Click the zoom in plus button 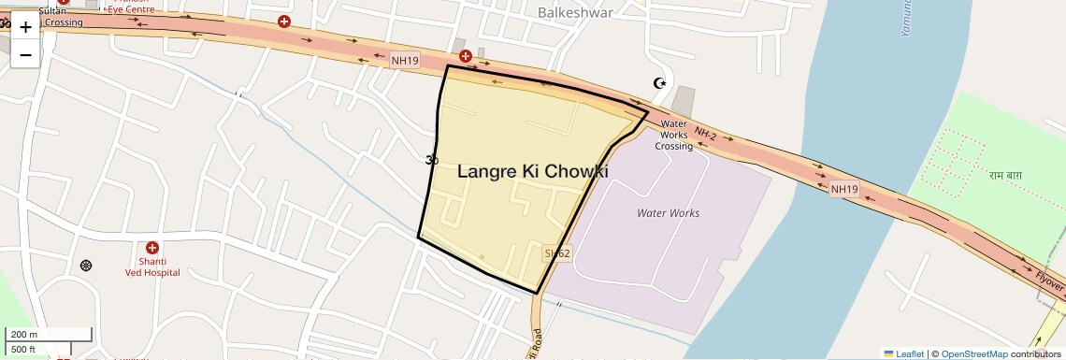click(25, 27)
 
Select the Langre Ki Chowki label click(533, 172)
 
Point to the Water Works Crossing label click(673, 135)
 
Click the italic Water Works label click(668, 213)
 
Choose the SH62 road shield click(556, 253)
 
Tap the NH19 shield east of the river click(844, 189)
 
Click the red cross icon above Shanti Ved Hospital click(152, 247)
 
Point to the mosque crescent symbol click(660, 83)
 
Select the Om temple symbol click(431, 160)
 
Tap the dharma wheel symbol click(87, 266)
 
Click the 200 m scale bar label click(25, 335)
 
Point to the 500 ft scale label click(24, 349)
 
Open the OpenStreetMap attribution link click(974, 353)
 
